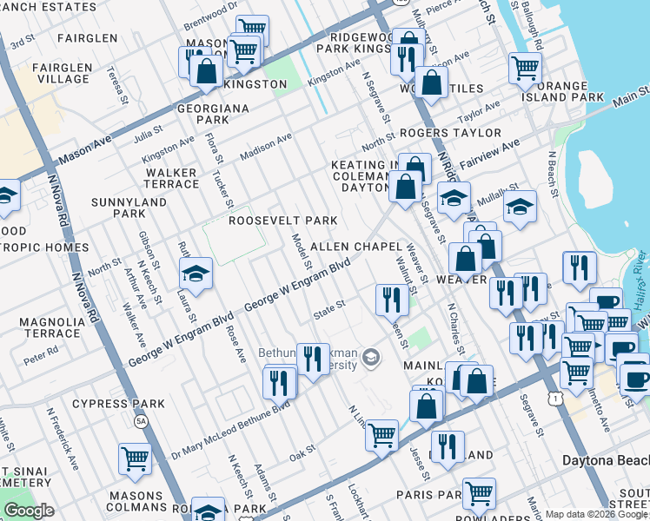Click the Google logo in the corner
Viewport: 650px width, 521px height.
click(29, 511)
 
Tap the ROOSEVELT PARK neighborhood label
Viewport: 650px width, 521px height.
click(282, 221)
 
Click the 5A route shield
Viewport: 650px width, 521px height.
click(141, 421)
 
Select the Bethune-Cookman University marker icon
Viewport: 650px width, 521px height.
click(371, 357)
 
